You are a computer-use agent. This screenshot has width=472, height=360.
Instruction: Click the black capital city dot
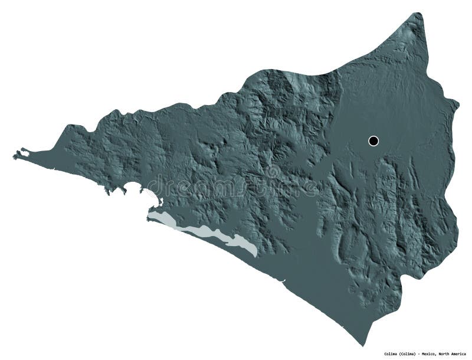coord(373,140)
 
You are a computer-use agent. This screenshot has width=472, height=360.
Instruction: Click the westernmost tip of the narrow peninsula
coord(14,157)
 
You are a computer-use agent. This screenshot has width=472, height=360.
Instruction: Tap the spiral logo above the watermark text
coord(273,172)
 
